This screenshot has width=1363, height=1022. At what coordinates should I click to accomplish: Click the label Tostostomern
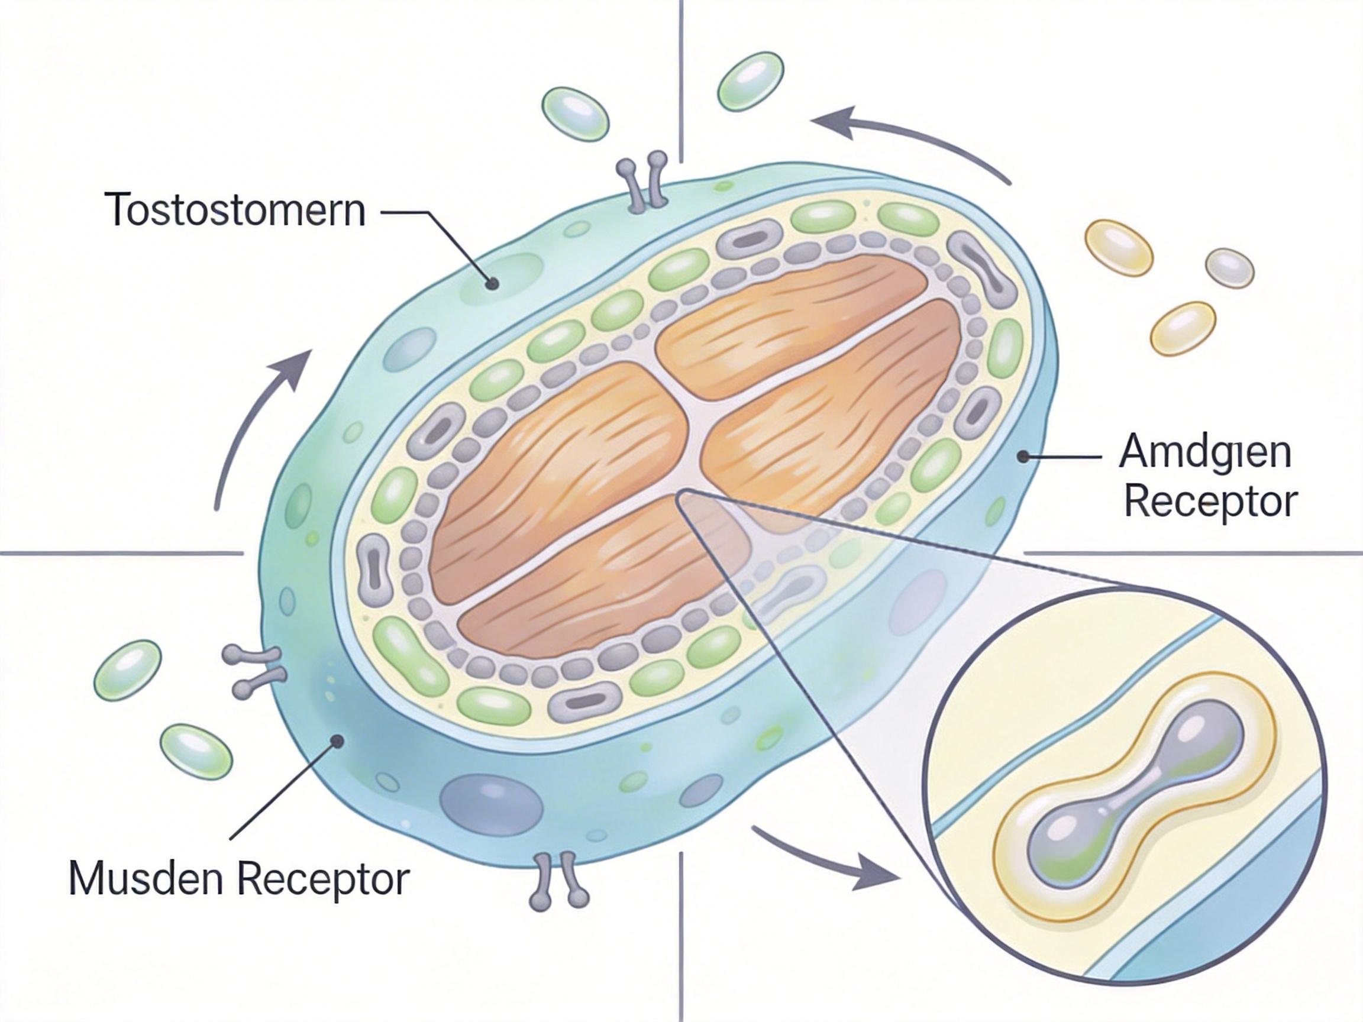coord(235,210)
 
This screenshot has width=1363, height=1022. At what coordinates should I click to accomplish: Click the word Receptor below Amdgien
coord(1211,502)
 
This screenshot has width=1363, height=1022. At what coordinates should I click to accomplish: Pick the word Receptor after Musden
coord(324,878)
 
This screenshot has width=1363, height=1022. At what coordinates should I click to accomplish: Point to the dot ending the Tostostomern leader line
coord(492,284)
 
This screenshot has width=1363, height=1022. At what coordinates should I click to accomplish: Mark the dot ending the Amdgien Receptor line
coord(1023,457)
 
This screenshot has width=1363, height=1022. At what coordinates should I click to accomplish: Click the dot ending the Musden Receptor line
coord(337,741)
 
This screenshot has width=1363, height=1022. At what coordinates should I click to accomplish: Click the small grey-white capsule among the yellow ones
coord(1229,268)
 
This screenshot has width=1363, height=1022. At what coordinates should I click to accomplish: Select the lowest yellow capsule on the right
coord(1183,328)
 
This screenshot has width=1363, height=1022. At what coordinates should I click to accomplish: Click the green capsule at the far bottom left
coord(196,752)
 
